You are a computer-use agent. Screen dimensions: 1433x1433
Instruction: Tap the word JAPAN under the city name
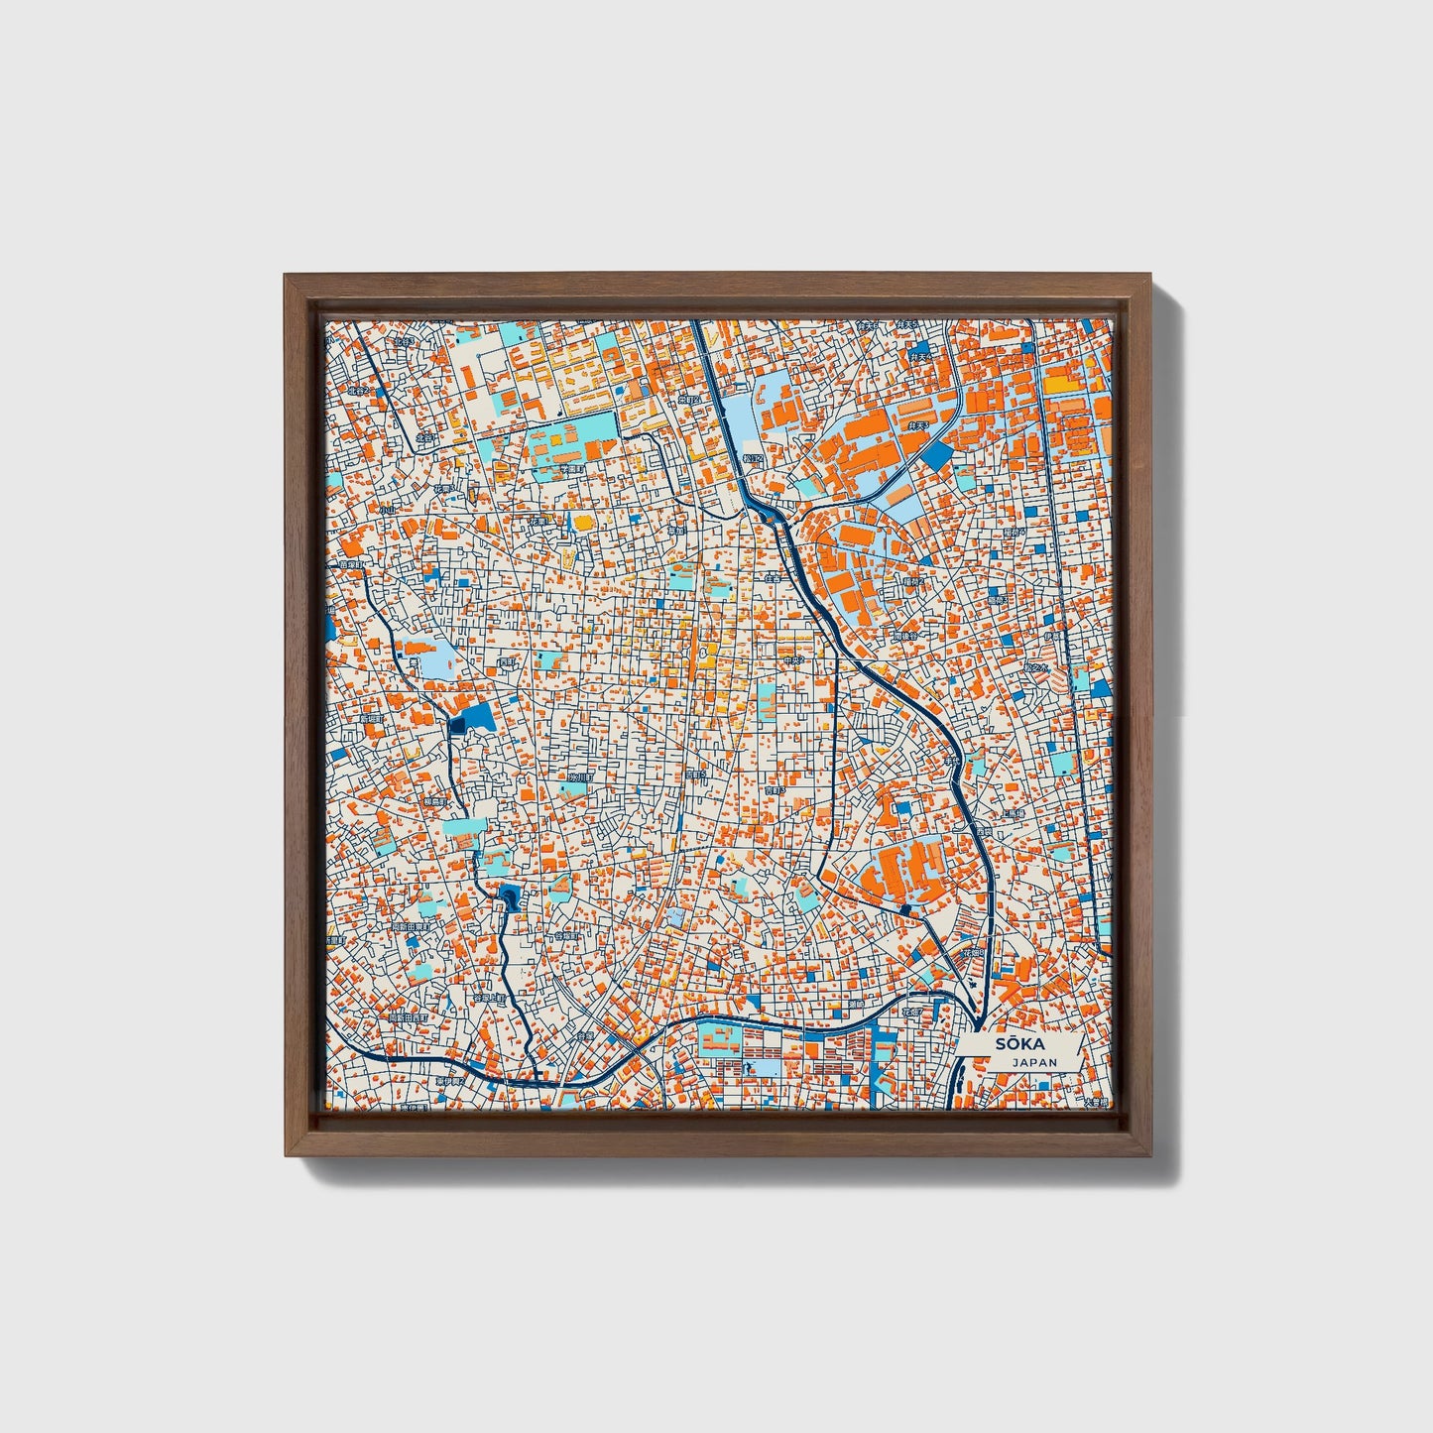[x=1034, y=1062]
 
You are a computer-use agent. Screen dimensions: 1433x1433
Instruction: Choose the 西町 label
[x=507, y=662]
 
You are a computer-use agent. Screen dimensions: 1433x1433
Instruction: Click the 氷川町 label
[x=579, y=778]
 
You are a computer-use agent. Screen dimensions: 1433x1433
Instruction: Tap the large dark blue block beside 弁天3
[x=937, y=455]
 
